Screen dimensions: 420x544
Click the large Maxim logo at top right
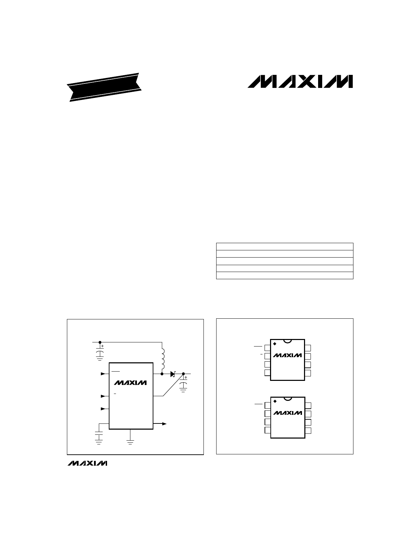tap(300, 81)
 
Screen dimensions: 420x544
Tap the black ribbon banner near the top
tap(104, 87)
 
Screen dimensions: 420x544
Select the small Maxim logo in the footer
tap(87, 463)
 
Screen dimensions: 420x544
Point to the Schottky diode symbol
tap(173, 374)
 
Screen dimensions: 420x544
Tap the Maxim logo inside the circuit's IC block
tap(130, 383)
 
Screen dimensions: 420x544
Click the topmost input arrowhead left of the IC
tap(103, 374)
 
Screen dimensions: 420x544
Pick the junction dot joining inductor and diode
tap(162, 374)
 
